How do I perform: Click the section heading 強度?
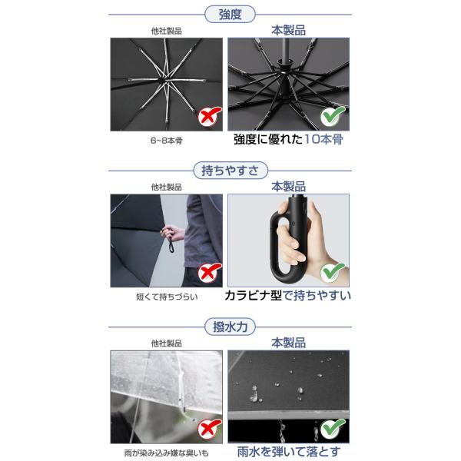point(230,15)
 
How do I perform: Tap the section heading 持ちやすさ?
point(230,171)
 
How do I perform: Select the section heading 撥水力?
point(230,327)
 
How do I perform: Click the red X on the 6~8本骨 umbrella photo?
point(209,117)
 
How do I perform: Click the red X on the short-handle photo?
point(209,273)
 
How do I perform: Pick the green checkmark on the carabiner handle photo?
point(332,272)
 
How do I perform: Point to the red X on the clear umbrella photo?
point(209,429)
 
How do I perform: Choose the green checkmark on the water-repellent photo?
point(332,428)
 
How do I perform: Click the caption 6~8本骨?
point(167,141)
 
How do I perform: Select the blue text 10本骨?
point(323,139)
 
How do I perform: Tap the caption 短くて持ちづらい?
point(167,297)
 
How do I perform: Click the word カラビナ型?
point(253,296)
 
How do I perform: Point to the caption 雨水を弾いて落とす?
point(288,452)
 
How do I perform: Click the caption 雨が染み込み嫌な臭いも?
point(167,453)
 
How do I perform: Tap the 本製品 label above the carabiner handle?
point(288,187)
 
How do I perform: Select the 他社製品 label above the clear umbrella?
point(167,343)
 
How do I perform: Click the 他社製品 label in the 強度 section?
point(167,31)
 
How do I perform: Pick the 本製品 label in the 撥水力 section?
point(288,343)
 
